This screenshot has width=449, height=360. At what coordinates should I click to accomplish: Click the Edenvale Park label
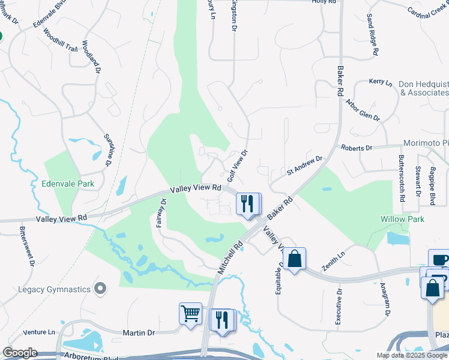[68, 184]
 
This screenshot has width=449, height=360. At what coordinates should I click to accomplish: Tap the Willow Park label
[402, 219]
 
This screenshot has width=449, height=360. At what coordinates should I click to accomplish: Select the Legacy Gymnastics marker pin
[100, 289]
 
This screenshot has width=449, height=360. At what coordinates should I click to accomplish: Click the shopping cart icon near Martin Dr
[190, 313]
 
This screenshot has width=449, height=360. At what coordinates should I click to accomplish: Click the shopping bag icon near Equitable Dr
[294, 259]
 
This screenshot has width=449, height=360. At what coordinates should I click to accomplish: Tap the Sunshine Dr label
[108, 150]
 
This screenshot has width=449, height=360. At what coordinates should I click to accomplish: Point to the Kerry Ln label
[380, 81]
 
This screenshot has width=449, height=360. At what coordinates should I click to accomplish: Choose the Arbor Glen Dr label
[363, 109]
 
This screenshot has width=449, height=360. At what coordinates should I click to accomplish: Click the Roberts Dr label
[357, 147]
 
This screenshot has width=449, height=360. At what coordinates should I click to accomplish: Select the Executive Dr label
[339, 307]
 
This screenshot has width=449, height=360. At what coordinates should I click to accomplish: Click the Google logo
[20, 353]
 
